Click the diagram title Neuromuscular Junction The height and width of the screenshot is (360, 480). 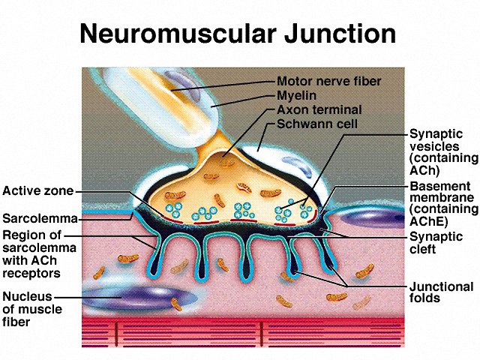(x=238, y=33)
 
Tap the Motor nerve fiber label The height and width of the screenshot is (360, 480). (x=329, y=82)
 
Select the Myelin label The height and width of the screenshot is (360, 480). (x=297, y=96)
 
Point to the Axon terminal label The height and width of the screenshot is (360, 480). (x=319, y=109)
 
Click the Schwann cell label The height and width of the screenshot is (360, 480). (x=317, y=124)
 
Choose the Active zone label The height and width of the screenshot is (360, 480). (x=38, y=191)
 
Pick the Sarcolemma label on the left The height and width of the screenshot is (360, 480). (x=40, y=218)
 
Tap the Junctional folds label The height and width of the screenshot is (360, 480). (x=442, y=292)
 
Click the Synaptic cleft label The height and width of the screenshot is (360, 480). (x=436, y=243)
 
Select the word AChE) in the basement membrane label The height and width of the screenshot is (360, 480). (x=428, y=221)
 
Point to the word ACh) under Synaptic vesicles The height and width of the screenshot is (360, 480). (x=424, y=170)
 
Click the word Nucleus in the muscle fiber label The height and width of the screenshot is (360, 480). (x=27, y=296)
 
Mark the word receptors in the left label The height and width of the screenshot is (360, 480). (x=31, y=273)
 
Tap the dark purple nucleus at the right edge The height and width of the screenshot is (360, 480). (x=373, y=217)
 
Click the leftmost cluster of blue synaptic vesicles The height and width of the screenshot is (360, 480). (x=173, y=210)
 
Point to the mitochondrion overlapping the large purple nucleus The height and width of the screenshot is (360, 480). (x=177, y=304)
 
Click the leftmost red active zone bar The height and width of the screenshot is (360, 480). (x=172, y=219)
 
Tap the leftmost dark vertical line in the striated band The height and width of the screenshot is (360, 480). (x=117, y=334)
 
